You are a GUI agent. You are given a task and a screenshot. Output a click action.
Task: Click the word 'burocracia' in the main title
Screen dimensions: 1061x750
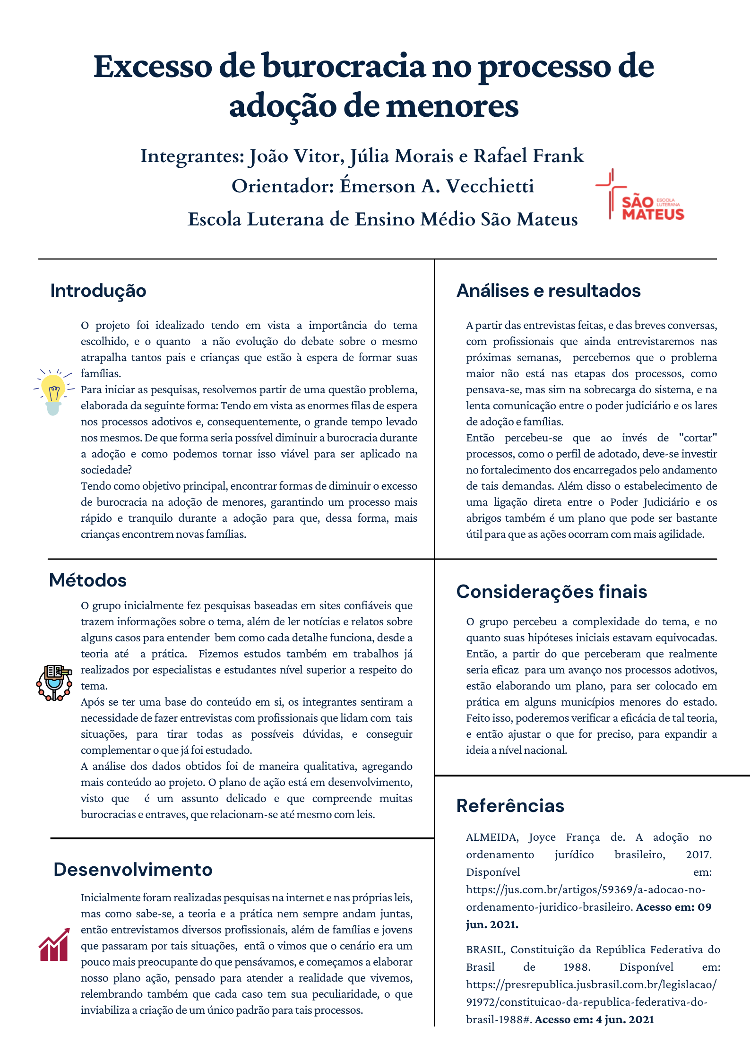point(344,67)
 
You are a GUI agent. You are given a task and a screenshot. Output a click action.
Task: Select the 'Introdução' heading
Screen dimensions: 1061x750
point(98,291)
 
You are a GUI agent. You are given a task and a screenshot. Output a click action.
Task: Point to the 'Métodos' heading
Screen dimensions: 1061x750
point(88,580)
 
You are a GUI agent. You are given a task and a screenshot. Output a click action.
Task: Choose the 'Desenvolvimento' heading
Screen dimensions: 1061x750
point(133,870)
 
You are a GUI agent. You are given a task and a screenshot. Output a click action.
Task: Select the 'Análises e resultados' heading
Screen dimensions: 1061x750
point(548,291)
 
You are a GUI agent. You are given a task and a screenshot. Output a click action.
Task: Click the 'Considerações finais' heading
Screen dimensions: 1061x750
point(552,592)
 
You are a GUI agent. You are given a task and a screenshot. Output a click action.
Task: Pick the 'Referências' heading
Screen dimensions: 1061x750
point(510,806)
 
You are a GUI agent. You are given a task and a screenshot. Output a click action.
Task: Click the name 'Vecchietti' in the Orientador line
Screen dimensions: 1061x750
point(490,186)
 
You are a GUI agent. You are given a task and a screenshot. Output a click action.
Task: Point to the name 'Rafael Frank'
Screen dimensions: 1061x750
point(529,156)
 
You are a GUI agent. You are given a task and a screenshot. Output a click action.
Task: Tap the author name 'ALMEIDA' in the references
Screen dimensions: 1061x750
point(492,837)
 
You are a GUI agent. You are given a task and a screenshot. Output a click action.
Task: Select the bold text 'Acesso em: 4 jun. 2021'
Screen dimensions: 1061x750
point(594,1019)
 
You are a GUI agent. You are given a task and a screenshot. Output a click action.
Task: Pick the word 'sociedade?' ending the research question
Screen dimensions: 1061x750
point(106,470)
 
